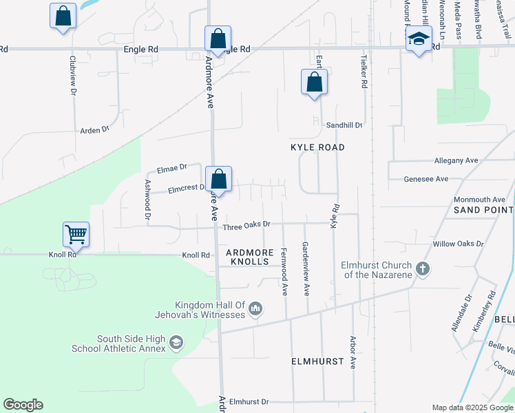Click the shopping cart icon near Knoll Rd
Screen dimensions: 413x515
(76, 234)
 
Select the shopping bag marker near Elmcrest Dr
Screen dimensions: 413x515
(218, 180)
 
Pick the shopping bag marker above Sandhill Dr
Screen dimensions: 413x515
(314, 82)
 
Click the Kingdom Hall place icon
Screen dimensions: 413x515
(255, 309)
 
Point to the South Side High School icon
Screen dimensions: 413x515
(176, 342)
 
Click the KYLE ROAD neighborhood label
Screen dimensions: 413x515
(317, 147)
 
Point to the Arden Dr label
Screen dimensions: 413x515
(95, 129)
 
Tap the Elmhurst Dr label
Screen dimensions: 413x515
(249, 401)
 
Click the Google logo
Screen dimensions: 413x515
(23, 405)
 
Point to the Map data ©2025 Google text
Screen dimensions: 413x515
(473, 407)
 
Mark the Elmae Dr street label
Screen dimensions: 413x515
(172, 167)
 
